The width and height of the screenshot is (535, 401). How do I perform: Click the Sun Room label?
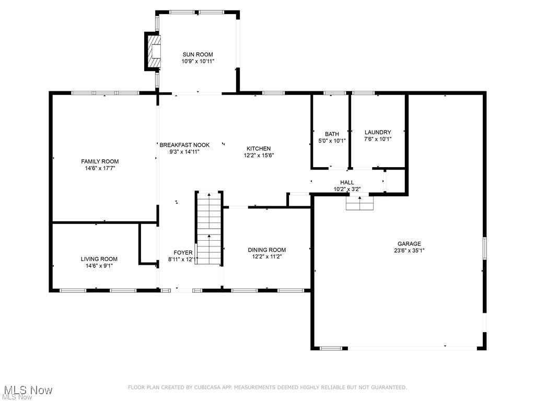(x=197, y=54)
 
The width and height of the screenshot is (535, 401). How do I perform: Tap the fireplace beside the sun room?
(x=153, y=51)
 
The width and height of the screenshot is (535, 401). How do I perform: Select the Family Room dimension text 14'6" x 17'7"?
(x=99, y=168)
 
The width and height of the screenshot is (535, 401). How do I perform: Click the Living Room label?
(x=99, y=259)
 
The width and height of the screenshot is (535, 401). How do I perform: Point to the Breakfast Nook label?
(x=184, y=145)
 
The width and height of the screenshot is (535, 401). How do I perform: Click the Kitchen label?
(x=259, y=148)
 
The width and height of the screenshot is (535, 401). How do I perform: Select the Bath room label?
(x=332, y=134)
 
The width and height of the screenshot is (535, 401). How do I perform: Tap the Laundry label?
(x=377, y=132)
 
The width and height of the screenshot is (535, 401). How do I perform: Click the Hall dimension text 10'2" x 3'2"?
(x=347, y=190)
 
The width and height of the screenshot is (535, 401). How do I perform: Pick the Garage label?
(x=409, y=243)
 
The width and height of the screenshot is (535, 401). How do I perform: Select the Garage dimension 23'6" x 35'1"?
(x=409, y=250)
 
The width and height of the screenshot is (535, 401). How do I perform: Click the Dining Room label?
(x=266, y=250)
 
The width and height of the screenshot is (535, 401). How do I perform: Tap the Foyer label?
(x=183, y=252)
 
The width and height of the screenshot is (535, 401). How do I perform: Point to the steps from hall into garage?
(x=360, y=203)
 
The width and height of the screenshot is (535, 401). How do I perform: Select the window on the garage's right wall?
(x=484, y=247)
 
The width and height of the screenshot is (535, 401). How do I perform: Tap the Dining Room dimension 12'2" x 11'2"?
(x=266, y=256)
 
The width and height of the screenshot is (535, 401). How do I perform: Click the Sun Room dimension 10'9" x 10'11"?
(x=197, y=61)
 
